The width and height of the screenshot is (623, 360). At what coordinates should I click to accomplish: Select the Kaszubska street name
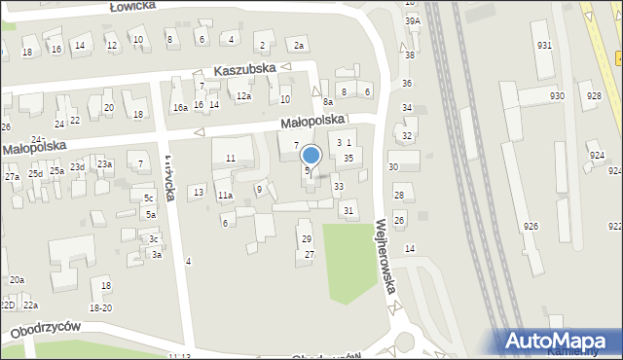pos(245,70)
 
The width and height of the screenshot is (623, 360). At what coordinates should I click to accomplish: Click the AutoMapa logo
pos(559,340)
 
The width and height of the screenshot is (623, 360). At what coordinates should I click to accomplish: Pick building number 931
pos(543,46)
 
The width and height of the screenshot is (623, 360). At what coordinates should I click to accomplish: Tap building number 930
pos(557,95)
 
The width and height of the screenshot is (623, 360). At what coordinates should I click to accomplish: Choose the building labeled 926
pos(531,226)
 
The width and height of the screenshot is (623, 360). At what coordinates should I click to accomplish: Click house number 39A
pos(413,19)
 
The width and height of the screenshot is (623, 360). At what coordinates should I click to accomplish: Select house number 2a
pos(300,46)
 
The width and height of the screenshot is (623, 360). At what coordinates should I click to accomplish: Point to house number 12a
pos(242,96)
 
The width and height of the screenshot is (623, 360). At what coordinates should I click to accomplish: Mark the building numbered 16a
pos(179,107)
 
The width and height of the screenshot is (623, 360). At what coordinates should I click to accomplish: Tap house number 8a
pos(328,101)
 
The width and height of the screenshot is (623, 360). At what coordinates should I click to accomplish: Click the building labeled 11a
pos(225,196)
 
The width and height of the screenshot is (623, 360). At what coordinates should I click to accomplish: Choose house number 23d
pos(77,167)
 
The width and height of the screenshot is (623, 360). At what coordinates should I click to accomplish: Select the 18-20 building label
pos(101,307)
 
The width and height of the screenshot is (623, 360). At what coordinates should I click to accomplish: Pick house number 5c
pos(148,198)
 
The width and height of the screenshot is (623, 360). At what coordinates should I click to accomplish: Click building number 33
pos(338,186)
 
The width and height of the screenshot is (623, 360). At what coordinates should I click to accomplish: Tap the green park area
pos(348,257)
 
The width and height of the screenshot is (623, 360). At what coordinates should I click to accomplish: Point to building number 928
pos(592,95)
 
